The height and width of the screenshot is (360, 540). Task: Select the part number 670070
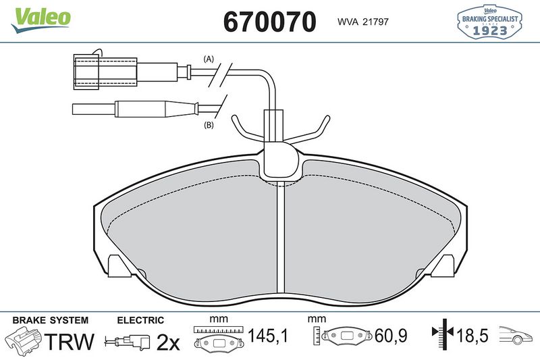point(269,22)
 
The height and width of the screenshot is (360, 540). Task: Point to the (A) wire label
point(209,59)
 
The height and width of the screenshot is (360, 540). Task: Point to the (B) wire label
point(209,125)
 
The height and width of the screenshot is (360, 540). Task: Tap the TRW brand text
point(70,342)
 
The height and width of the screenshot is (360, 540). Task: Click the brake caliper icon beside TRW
point(24,341)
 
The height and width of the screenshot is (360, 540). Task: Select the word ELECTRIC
point(140,320)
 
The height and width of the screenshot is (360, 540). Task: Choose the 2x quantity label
point(168,342)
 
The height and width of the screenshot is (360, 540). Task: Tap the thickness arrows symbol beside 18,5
point(442,333)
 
